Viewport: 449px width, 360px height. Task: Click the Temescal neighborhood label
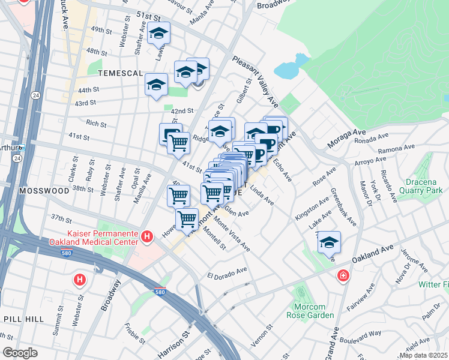pyautogui.click(x=119, y=73)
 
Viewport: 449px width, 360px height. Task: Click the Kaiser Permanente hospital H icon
pyautogui.click(x=147, y=238)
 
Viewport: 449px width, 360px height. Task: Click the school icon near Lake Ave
pyautogui.click(x=329, y=242)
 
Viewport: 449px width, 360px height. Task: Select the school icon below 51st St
pyautogui.click(x=158, y=34)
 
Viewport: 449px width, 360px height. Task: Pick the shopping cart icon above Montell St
pyautogui.click(x=187, y=218)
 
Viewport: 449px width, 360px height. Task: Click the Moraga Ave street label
pyautogui.click(x=346, y=140)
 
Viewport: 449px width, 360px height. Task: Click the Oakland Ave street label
pyautogui.click(x=372, y=253)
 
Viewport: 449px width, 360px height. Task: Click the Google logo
pyautogui.click(x=20, y=353)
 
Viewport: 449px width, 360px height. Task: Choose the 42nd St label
pyautogui.click(x=182, y=111)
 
